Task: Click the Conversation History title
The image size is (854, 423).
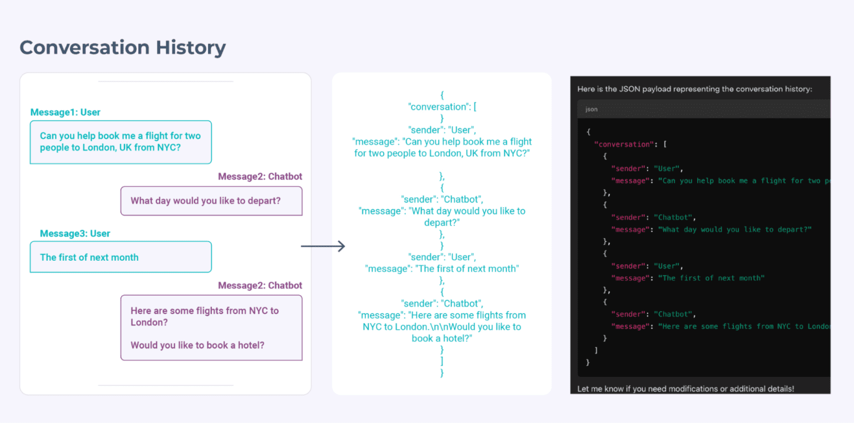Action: coord(122,48)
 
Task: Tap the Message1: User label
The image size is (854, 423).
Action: coord(65,112)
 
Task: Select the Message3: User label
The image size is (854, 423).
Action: coord(75,233)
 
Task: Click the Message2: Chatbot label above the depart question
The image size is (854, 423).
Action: coord(260,176)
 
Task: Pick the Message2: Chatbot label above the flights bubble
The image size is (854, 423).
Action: coord(260,285)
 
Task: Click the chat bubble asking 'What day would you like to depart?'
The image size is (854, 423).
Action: coord(211,201)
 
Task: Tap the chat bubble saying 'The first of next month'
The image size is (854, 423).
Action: coord(121,257)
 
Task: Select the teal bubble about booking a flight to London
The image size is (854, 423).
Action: coord(121,142)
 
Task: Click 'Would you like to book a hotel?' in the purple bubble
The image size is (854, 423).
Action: coord(197,345)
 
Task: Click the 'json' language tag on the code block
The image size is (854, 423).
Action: coord(592,110)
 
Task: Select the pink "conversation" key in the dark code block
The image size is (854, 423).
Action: coord(623,144)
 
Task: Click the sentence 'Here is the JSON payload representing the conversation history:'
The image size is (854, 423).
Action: coord(694,89)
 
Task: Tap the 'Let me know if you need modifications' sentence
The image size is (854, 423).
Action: coord(686,389)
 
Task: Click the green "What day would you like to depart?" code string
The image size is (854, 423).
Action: coord(735,230)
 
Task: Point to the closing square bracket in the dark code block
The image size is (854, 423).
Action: coord(596,350)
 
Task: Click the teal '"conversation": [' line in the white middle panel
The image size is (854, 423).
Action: coord(441,107)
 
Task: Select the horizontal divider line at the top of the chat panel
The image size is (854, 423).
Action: coord(165,82)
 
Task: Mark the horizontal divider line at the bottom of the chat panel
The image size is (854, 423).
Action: coord(165,385)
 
